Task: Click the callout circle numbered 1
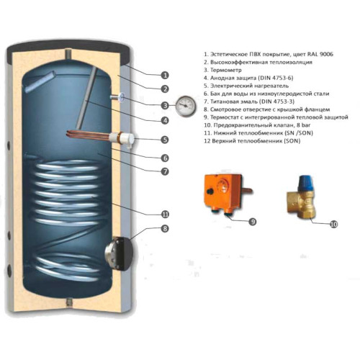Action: click(x=165, y=75)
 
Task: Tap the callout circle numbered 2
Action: click(x=165, y=89)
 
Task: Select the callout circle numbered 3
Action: click(x=165, y=106)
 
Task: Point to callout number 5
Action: click(x=165, y=140)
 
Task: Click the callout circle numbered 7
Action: click(x=165, y=171)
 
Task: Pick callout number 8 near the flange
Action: click(x=165, y=228)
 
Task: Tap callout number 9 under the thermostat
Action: click(x=251, y=221)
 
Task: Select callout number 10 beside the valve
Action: click(x=333, y=224)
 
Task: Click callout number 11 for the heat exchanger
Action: click(x=165, y=214)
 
